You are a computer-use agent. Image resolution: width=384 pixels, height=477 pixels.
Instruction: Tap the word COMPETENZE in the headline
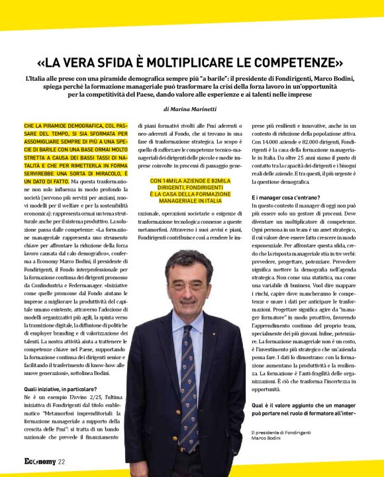pos(289,64)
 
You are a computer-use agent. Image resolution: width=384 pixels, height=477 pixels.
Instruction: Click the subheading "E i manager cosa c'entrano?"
pos(286,197)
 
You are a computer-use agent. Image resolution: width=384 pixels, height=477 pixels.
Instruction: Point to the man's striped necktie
pos(189,370)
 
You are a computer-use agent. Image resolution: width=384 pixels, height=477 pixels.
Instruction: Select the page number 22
pos(61,462)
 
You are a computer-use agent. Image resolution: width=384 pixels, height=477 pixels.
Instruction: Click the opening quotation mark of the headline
pos(44,64)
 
